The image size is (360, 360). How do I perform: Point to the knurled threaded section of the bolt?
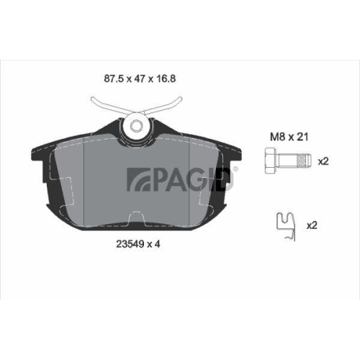click(x=294, y=161)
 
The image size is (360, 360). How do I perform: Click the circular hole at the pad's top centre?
click(x=137, y=127)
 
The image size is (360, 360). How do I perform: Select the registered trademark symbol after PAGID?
click(x=237, y=170)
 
